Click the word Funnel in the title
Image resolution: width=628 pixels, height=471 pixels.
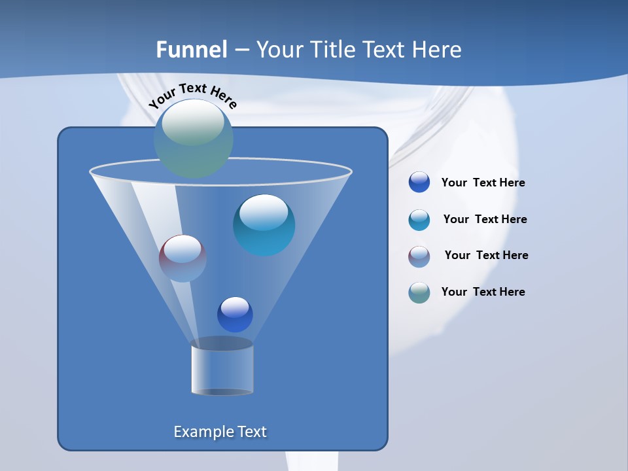click(191, 50)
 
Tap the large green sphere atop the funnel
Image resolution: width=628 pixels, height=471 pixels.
click(194, 139)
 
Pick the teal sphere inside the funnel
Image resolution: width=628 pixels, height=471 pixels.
click(264, 226)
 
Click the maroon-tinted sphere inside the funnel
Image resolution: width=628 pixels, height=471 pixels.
click(183, 258)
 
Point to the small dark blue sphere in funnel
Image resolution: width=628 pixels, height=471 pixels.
click(235, 315)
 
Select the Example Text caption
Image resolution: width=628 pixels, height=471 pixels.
click(220, 432)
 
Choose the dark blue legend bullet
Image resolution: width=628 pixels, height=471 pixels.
click(419, 183)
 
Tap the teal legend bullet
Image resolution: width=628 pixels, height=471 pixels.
click(419, 220)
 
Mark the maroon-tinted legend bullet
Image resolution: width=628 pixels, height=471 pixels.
click(419, 256)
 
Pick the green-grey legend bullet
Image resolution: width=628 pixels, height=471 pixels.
click(419, 292)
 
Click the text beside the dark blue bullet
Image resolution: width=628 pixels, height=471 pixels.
click(483, 183)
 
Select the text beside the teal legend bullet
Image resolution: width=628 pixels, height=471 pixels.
click(485, 220)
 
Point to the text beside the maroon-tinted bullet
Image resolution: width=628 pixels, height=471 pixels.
click(486, 256)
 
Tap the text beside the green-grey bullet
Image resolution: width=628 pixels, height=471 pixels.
click(483, 292)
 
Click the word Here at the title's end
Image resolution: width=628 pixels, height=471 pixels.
click(438, 50)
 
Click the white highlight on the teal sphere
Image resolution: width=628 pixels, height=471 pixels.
click(264, 212)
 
